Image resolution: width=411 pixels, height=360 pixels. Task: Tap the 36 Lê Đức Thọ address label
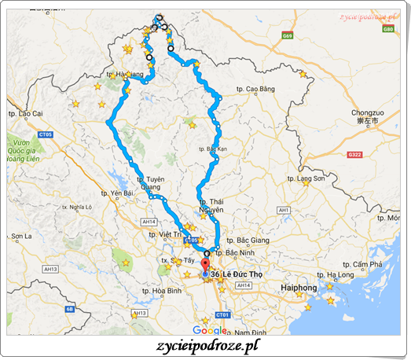point(237,274)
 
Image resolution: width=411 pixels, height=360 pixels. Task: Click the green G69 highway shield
point(288,35)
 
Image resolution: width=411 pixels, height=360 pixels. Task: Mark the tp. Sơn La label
point(20,236)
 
